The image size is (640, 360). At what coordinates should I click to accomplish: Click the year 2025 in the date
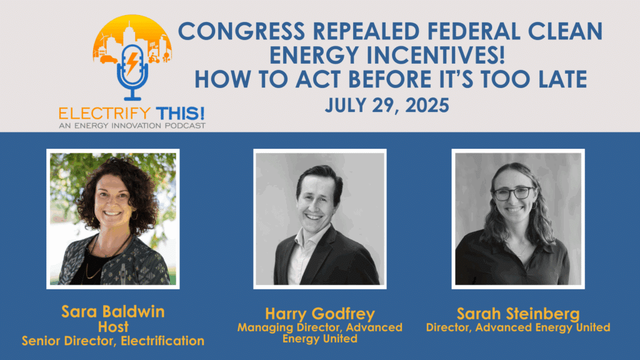[427, 105]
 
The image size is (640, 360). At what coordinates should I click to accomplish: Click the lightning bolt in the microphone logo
[132, 64]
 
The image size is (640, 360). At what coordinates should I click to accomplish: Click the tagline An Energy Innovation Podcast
[132, 126]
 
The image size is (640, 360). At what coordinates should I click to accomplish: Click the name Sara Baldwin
[113, 312]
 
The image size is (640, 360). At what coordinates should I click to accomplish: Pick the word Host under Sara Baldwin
[113, 327]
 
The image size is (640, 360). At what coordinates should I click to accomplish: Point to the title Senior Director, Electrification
[113, 341]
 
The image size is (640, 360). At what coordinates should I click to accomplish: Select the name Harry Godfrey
[320, 314]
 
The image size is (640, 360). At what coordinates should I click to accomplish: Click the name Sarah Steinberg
[518, 314]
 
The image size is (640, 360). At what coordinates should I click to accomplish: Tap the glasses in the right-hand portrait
[513, 193]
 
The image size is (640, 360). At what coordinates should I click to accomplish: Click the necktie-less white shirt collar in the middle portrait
[303, 245]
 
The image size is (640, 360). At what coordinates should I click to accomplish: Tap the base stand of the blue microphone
[132, 98]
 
